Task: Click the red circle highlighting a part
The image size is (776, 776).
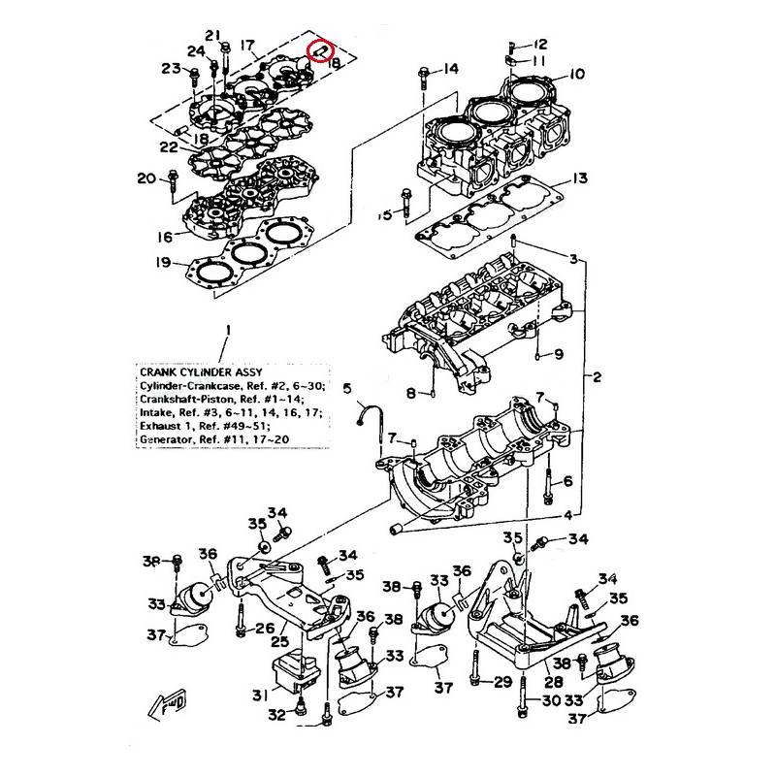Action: (321, 51)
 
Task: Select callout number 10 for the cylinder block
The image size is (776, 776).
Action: (576, 74)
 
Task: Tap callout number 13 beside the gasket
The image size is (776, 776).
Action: (579, 178)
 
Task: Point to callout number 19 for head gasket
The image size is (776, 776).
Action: (163, 262)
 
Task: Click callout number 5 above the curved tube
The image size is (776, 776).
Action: (347, 389)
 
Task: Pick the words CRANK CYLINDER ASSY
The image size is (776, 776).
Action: (201, 372)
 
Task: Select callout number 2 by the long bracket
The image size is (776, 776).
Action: (597, 377)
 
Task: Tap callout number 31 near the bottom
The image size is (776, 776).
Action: (260, 695)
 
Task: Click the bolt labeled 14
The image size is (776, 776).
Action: (423, 78)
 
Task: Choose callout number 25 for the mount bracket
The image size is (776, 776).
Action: (279, 642)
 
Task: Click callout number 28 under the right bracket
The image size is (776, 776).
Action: (553, 682)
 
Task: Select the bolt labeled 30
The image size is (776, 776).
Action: (522, 696)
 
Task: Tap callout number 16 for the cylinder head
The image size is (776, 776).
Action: (165, 237)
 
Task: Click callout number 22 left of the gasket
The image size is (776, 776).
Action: (169, 147)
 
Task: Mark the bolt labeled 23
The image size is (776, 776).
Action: (194, 79)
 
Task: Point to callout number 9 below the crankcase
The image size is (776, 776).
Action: (559, 354)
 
